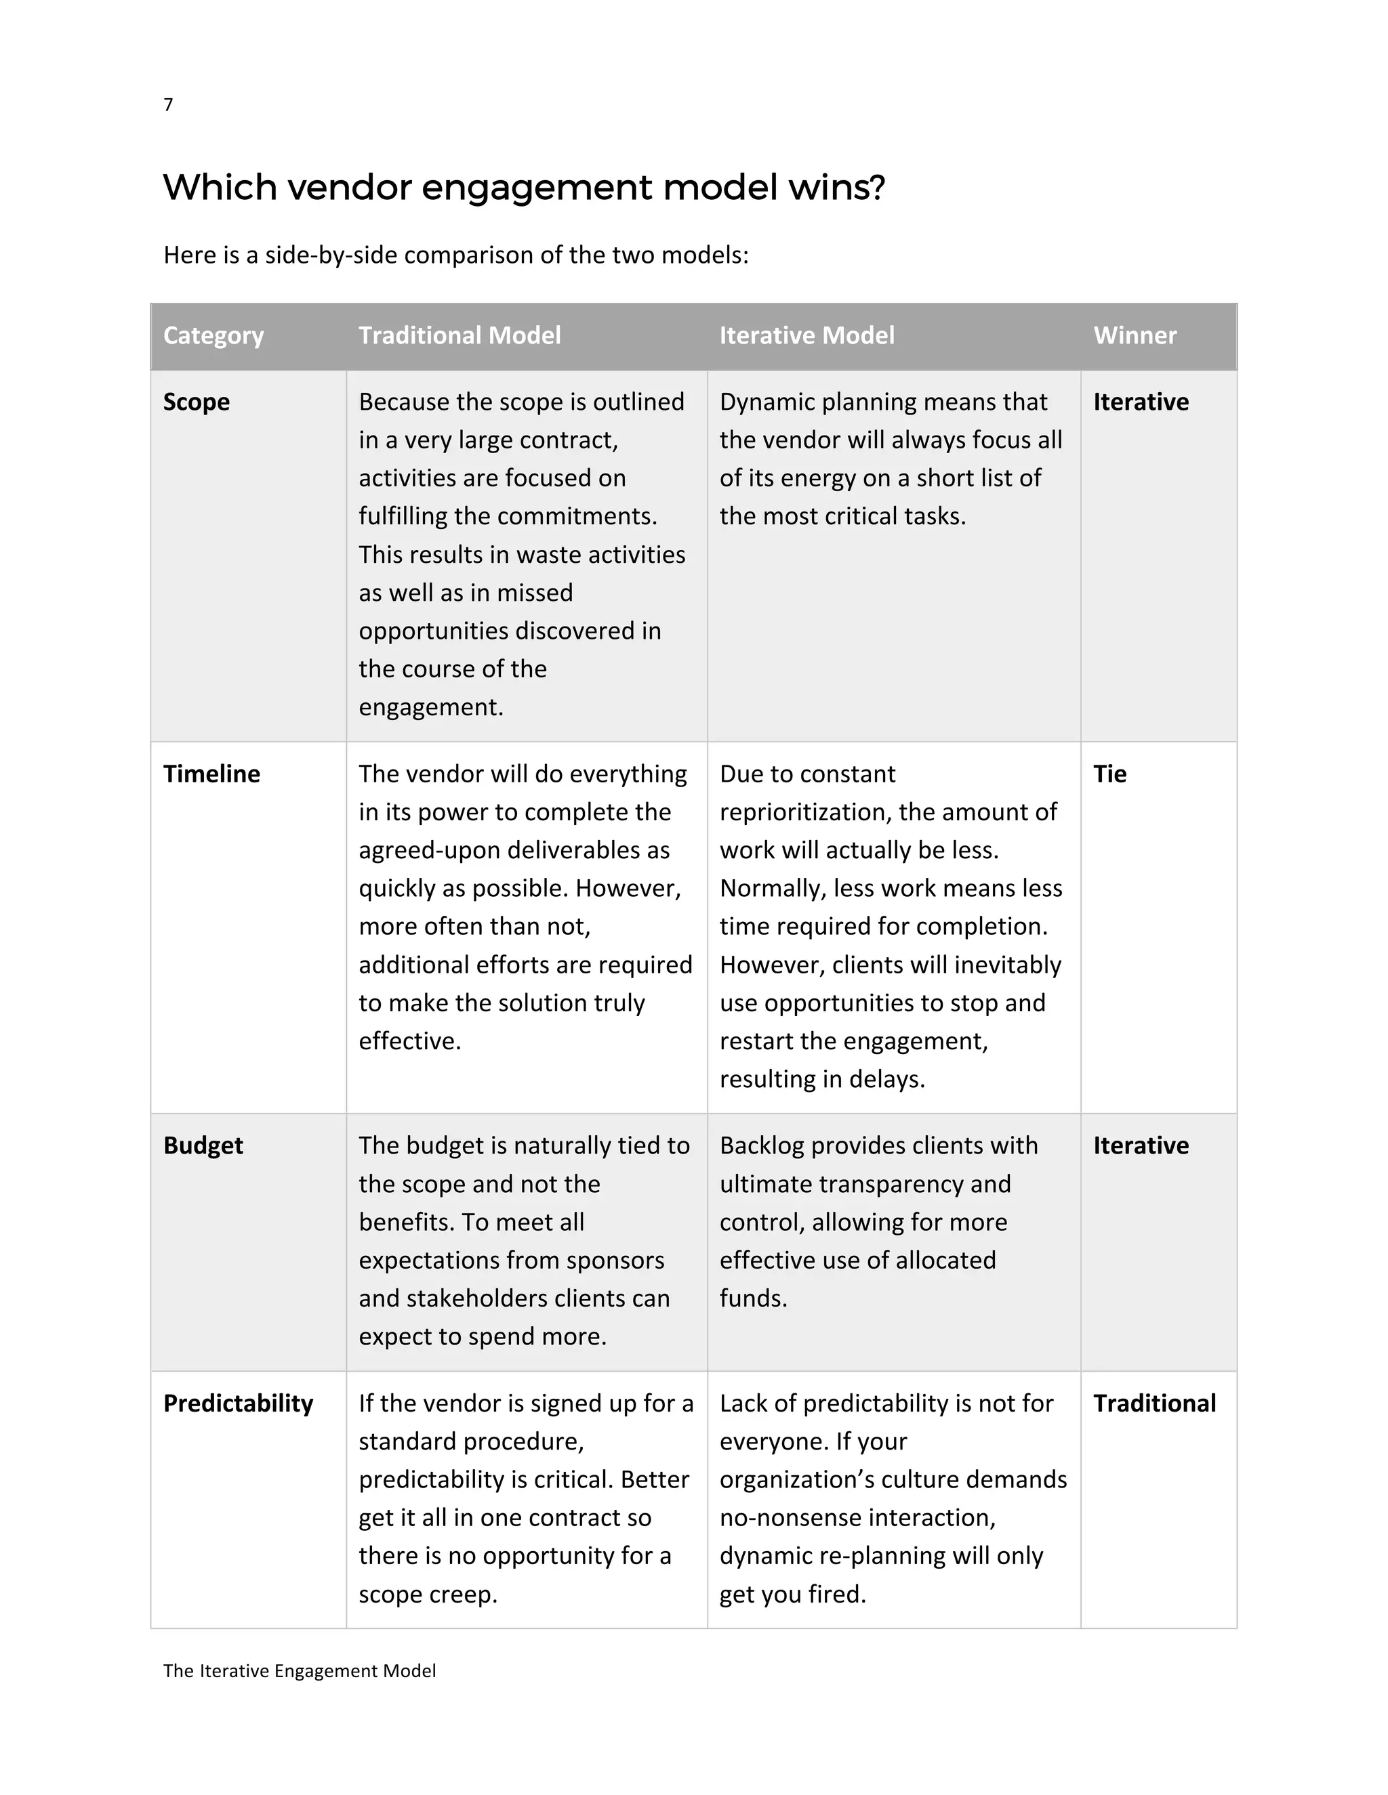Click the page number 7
(x=168, y=104)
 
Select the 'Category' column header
(x=213, y=335)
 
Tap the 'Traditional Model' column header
(x=459, y=335)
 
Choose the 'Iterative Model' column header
(x=806, y=335)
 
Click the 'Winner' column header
(x=1134, y=335)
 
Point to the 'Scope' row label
(x=196, y=402)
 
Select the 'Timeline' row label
(x=211, y=774)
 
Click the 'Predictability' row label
(x=238, y=1403)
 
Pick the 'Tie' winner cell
(x=1109, y=774)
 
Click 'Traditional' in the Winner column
(x=1154, y=1403)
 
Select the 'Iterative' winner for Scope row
(x=1141, y=402)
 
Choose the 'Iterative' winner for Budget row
(x=1141, y=1145)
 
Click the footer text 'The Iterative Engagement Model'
(x=300, y=1671)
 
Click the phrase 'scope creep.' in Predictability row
(x=428, y=1595)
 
